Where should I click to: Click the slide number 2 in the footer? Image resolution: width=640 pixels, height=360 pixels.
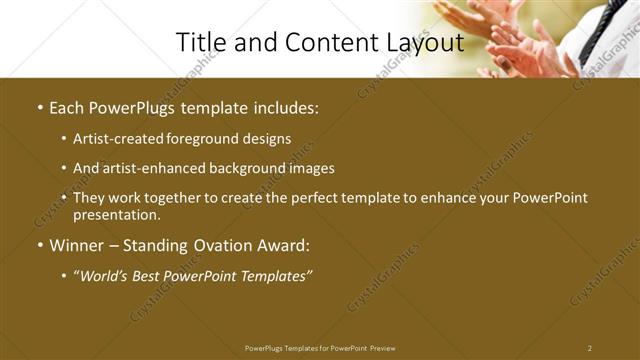(x=590, y=348)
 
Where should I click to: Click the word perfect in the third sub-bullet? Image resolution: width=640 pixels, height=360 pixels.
(x=315, y=198)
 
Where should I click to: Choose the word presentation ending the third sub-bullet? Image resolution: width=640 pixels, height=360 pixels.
(x=116, y=215)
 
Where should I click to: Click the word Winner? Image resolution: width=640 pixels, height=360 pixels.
(x=77, y=246)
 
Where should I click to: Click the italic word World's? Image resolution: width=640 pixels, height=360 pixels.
(x=110, y=276)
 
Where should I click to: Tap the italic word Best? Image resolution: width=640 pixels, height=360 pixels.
(x=160, y=276)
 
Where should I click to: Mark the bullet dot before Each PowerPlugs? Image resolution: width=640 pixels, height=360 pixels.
(x=39, y=107)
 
